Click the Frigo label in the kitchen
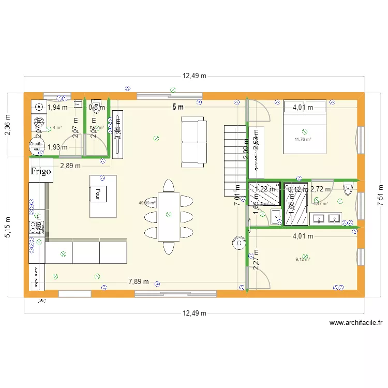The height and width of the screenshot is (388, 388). tap(41, 171)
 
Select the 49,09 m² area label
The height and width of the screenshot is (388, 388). tap(147, 203)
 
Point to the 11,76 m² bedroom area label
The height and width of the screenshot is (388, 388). tap(303, 139)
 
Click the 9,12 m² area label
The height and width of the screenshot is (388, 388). tap(302, 260)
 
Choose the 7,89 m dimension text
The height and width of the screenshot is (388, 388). tap(139, 282)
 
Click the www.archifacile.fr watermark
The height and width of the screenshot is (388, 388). tap(356, 323)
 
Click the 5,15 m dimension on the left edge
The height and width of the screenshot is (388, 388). tap(8, 228)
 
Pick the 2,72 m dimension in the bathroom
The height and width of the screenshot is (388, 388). tap(320, 189)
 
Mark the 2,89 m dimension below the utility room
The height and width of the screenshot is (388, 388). tap(70, 166)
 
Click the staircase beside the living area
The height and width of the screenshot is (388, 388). tap(234, 160)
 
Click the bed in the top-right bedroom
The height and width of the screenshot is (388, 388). tap(304, 127)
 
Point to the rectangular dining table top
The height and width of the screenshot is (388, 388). tap(169, 216)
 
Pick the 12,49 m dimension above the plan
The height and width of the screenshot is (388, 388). tap(194, 76)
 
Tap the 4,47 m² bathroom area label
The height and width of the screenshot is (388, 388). tap(321, 203)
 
